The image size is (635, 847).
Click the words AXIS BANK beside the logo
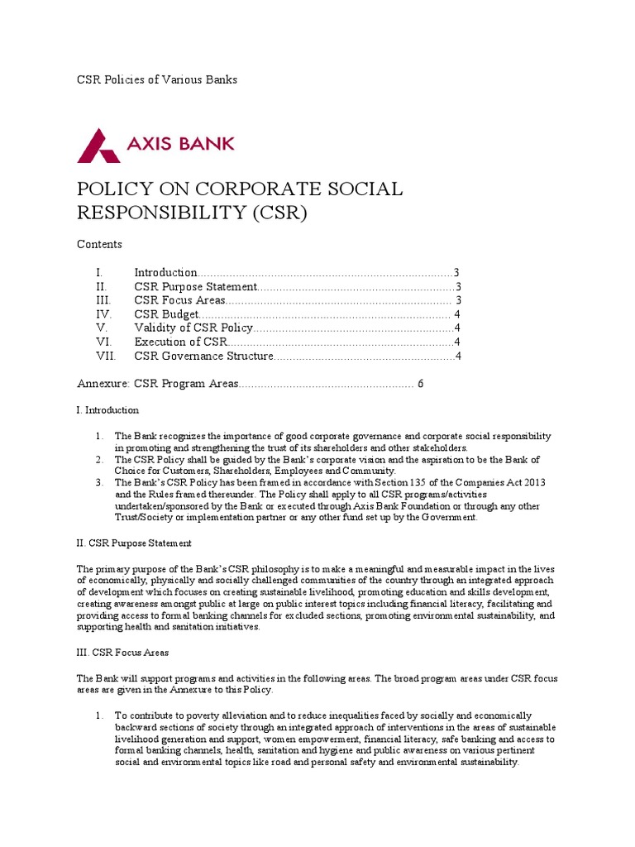tap(180, 143)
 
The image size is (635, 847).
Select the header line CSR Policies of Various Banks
tap(157, 79)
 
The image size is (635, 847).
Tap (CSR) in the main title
tap(279, 213)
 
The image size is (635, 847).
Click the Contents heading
tap(99, 244)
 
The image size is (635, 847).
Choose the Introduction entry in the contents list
tap(165, 272)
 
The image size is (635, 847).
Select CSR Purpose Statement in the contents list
tap(196, 286)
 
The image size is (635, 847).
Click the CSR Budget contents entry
tap(166, 314)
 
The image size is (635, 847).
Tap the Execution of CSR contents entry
tap(180, 342)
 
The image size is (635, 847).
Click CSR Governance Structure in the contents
tap(203, 357)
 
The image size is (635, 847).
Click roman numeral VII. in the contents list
tap(105, 357)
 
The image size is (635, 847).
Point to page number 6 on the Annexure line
tap(421, 384)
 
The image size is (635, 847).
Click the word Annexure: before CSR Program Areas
tap(103, 384)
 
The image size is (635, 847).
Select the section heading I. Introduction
tap(107, 410)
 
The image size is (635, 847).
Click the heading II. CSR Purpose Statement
tap(134, 543)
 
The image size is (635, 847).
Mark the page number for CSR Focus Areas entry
tap(458, 300)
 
